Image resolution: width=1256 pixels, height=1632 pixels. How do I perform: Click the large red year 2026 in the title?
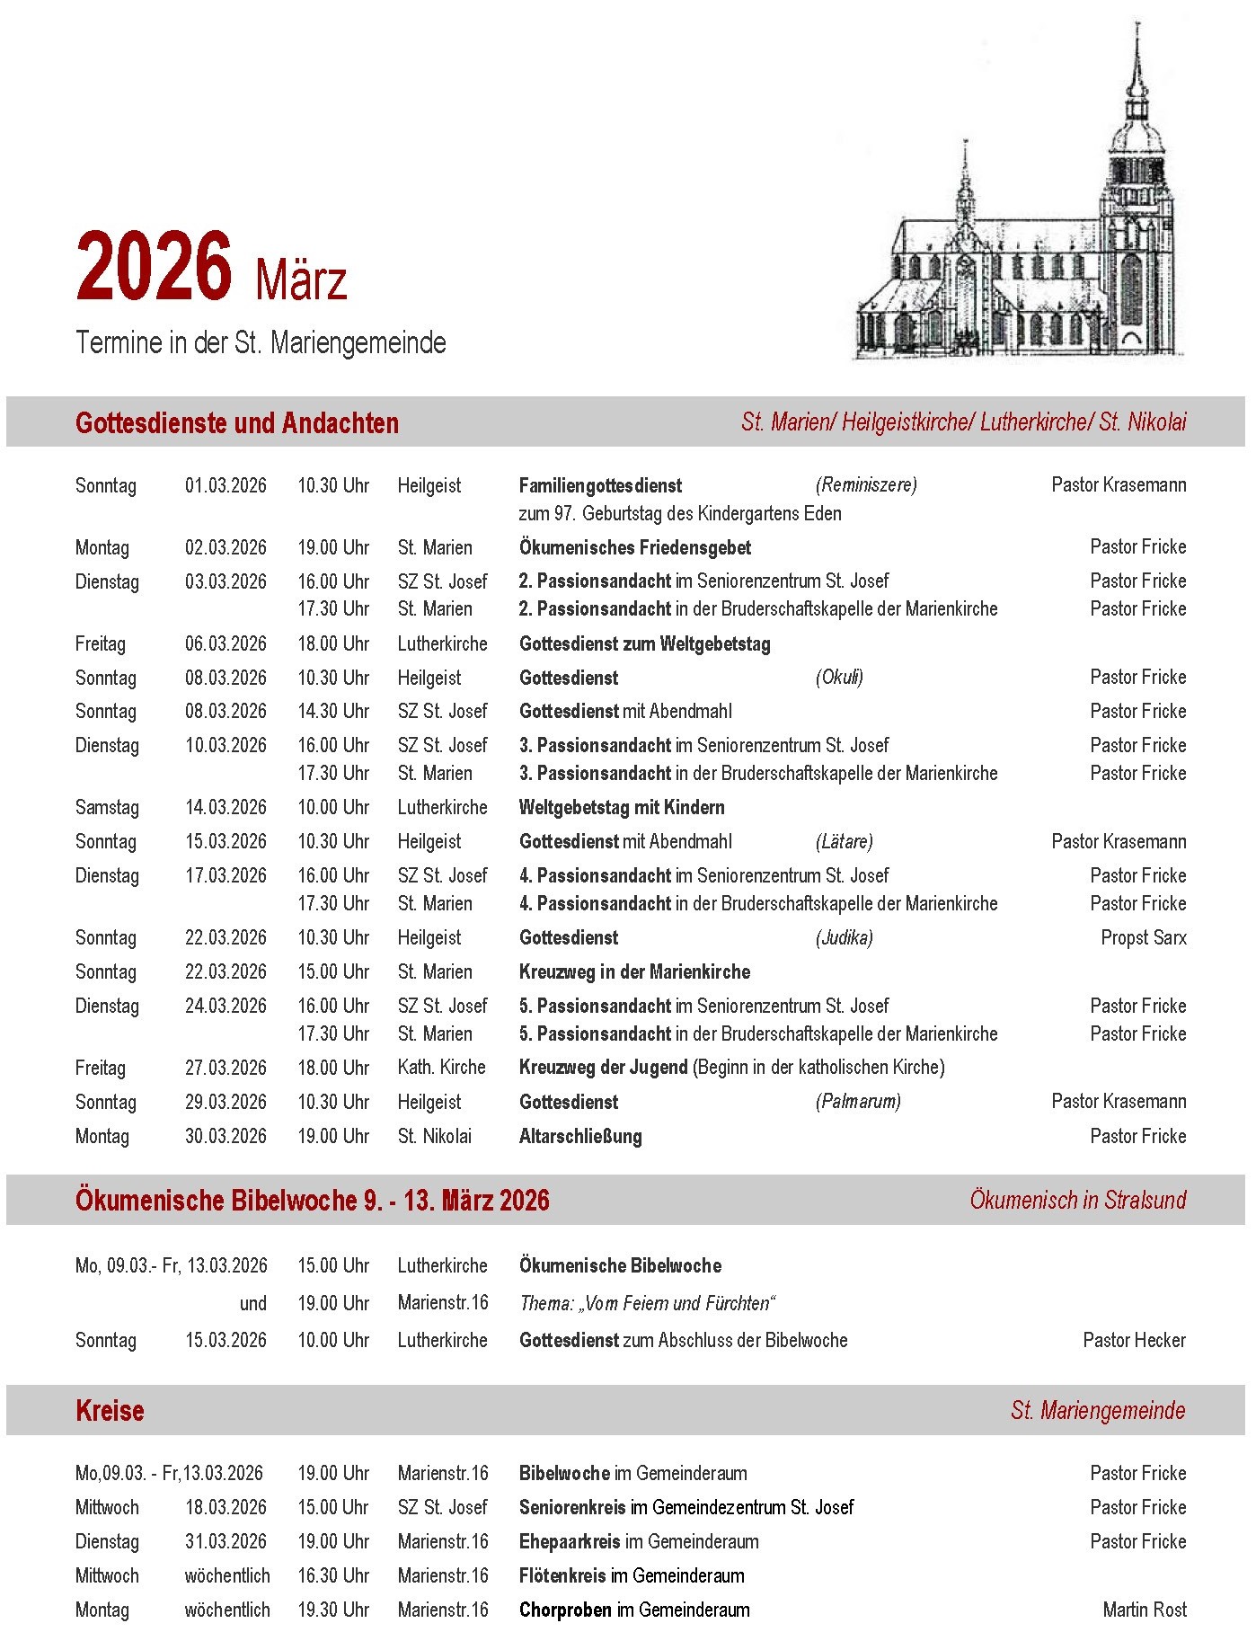click(x=154, y=267)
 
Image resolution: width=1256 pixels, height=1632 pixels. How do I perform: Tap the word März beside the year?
click(x=301, y=280)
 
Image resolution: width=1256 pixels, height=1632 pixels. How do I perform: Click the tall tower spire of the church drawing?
click(x=1137, y=72)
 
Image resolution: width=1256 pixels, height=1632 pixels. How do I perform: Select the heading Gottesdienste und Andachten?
click(x=237, y=422)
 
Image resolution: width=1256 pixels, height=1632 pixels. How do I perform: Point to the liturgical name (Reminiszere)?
click(x=866, y=485)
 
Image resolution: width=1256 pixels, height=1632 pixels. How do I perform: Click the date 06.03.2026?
click(x=226, y=643)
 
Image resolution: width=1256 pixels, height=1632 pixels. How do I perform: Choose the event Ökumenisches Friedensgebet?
click(x=634, y=547)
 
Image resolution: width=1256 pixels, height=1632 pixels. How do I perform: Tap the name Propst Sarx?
click(x=1143, y=937)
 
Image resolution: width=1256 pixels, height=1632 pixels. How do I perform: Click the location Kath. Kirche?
click(x=441, y=1068)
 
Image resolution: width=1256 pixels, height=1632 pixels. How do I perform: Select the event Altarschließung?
click(x=580, y=1136)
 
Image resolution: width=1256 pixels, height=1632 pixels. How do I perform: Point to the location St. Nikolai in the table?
click(x=434, y=1136)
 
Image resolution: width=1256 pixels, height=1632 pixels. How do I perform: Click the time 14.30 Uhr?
click(x=333, y=711)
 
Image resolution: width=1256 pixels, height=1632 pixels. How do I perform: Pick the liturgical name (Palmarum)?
click(x=858, y=1102)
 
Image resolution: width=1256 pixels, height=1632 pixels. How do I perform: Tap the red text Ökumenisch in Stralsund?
click(x=1077, y=1200)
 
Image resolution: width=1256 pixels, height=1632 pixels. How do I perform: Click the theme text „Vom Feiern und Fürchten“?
click(x=647, y=1303)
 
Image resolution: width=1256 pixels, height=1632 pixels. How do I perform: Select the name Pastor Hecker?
click(x=1134, y=1340)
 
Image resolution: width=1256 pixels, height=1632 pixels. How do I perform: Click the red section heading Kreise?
click(x=110, y=1410)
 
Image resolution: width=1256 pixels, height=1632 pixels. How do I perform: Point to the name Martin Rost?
click(x=1144, y=1610)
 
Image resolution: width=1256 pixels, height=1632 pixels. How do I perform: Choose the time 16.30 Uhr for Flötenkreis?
click(x=333, y=1575)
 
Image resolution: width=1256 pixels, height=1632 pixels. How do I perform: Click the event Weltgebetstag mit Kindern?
click(x=622, y=807)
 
